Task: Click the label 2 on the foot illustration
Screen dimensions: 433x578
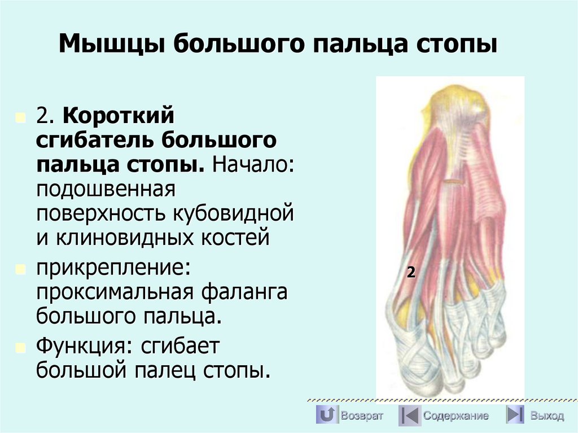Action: [x=411, y=273]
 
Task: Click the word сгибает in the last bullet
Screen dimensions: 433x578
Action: [x=179, y=346]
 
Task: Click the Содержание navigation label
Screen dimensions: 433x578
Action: [x=456, y=416]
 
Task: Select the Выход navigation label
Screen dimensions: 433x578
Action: [x=546, y=416]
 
